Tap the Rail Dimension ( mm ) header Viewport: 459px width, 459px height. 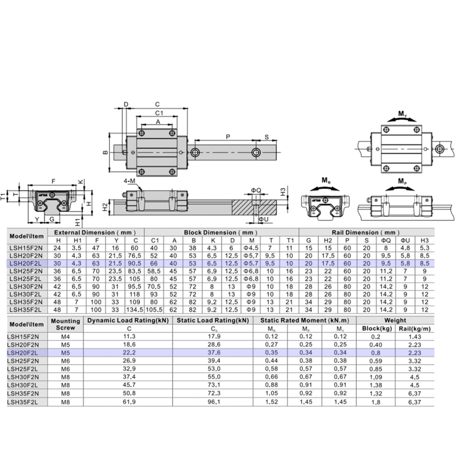click(365, 233)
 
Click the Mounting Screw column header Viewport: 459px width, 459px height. click(65, 324)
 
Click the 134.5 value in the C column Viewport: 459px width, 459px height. click(136, 310)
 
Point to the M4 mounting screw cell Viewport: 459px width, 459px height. click(65, 336)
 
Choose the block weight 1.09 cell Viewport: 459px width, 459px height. click(375, 377)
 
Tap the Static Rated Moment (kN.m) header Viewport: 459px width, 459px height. click(304, 320)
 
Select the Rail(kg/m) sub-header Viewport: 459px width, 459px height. click(415, 328)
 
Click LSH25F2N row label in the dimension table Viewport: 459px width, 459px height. click(26, 271)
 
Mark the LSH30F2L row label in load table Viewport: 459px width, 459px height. click(26, 386)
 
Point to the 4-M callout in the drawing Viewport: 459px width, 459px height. click(129, 181)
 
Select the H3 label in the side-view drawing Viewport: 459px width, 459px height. click(283, 190)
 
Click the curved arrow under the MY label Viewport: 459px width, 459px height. click(402, 119)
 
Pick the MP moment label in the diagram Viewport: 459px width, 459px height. click(402, 180)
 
